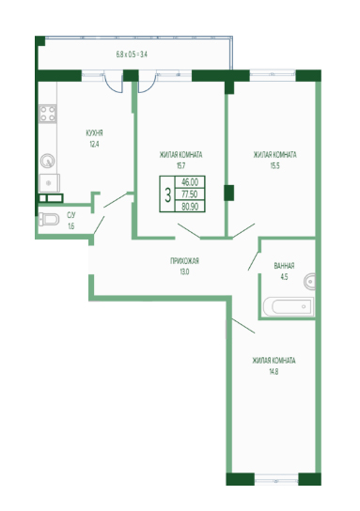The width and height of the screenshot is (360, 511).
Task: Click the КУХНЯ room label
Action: tap(94, 133)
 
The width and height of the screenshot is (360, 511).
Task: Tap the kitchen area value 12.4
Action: tap(94, 144)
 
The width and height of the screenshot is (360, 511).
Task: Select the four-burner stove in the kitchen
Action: tap(48, 114)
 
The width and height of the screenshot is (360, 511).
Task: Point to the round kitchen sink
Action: tap(48, 161)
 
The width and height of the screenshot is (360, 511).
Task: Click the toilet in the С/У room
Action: tap(49, 219)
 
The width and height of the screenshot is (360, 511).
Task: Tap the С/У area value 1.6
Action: tap(71, 225)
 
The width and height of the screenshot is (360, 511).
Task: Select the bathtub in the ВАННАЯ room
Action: tap(289, 306)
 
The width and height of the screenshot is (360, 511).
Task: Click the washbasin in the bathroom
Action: tap(310, 281)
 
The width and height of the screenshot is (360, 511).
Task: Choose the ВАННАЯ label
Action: tap(285, 266)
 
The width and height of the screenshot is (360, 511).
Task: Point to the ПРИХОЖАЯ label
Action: tap(184, 261)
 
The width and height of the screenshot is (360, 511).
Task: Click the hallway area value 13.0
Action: tap(184, 271)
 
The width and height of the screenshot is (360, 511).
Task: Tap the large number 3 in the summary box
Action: tap(167, 194)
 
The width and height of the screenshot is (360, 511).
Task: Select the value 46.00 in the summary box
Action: tap(190, 182)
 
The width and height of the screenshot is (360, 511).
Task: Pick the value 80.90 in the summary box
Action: tap(190, 207)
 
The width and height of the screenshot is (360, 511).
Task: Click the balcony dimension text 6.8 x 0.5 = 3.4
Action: tap(132, 54)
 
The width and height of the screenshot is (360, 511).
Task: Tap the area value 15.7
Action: tap(181, 165)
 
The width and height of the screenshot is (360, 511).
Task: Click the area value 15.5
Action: tap(274, 165)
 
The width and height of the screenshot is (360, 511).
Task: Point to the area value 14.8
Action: tap(274, 372)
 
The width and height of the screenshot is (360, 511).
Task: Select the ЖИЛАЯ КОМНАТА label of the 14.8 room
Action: tap(274, 361)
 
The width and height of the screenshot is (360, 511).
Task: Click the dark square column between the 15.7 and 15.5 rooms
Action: tap(229, 193)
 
